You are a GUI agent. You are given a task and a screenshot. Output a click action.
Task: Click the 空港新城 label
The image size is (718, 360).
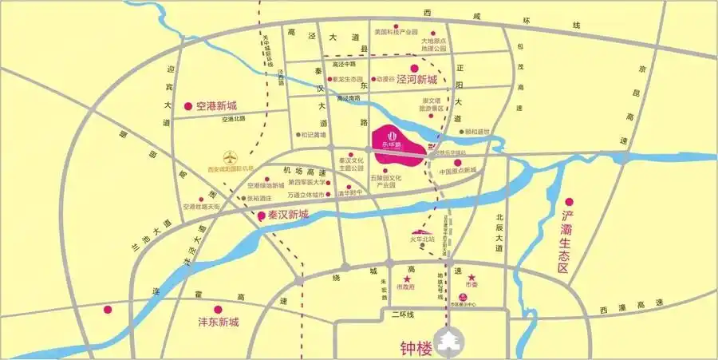tap(216, 106)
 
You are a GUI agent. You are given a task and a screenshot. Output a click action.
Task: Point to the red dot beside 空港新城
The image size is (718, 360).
tap(188, 105)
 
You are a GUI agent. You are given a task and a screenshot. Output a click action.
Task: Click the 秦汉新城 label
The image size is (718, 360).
tap(287, 216)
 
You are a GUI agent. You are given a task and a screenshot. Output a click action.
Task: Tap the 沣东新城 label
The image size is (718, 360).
tap(219, 322)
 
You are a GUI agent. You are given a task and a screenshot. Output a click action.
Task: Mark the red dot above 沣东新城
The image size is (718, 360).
tap(216, 309)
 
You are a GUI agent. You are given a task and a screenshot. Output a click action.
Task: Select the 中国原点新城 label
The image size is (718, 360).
tap(458, 170)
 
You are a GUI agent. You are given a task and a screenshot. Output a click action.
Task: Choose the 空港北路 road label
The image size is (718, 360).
tap(234, 119)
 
